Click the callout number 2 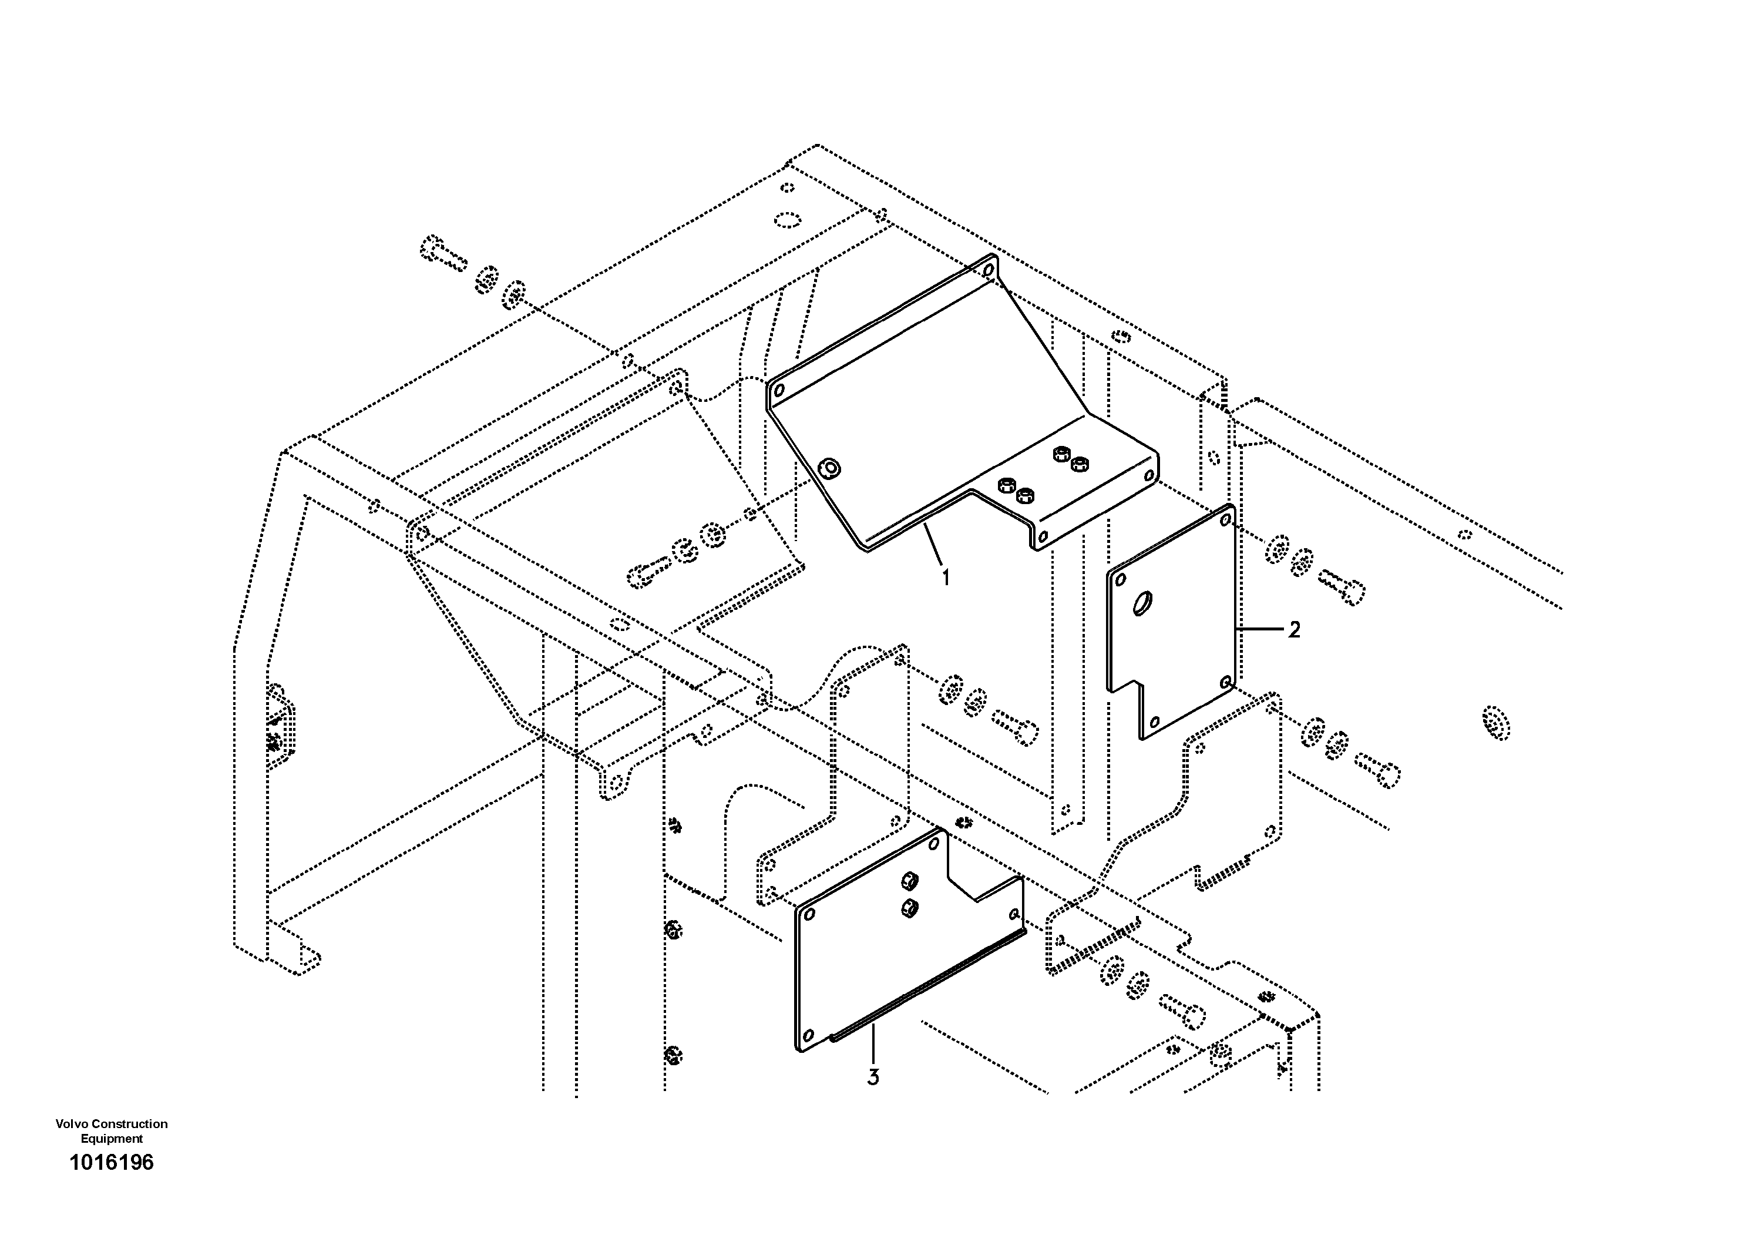(1294, 630)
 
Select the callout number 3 (873, 1078)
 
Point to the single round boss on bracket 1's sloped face (829, 469)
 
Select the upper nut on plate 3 (907, 880)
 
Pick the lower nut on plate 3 (907, 907)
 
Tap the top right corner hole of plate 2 (1225, 520)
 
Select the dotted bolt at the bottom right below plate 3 (1182, 1012)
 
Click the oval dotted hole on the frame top (787, 221)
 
